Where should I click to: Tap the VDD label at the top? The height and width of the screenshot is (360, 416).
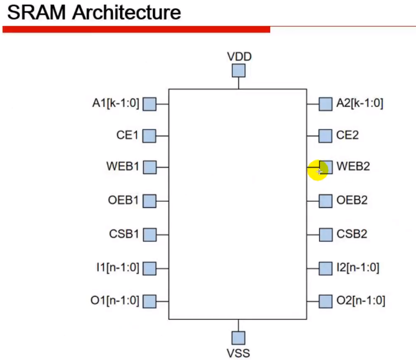[238, 56]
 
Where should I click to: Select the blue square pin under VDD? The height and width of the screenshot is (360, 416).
[238, 71]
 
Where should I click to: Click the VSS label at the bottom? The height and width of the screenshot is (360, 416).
[238, 352]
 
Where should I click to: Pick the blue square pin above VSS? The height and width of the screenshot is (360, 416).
[238, 338]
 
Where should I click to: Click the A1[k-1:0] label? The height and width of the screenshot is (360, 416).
[115, 104]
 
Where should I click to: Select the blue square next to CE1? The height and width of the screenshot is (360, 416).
[149, 136]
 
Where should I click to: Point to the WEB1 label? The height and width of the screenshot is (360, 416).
[124, 167]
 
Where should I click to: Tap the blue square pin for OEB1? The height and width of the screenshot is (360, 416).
[149, 201]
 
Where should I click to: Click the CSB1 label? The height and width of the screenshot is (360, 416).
[124, 234]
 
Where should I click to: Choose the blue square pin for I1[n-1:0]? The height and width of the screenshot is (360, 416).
[149, 269]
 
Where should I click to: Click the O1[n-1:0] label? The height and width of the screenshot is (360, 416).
[115, 301]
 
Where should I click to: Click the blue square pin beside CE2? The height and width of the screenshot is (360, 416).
[325, 136]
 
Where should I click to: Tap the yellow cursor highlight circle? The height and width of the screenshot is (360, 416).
[317, 170]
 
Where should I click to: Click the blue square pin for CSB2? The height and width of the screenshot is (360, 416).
[325, 235]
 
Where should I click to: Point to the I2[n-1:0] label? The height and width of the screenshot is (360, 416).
[358, 268]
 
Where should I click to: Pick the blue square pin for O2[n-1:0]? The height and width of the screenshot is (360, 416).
[325, 302]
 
